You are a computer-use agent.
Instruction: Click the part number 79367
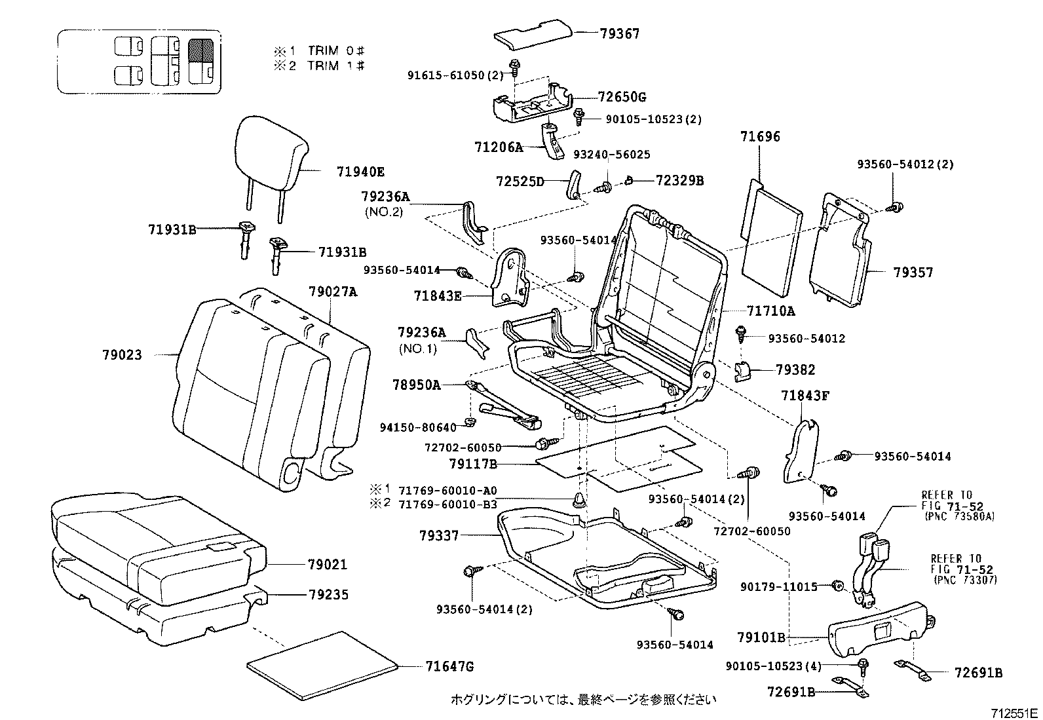(x=619, y=33)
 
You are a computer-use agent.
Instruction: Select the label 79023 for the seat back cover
(x=122, y=354)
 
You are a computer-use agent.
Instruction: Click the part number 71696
(x=760, y=137)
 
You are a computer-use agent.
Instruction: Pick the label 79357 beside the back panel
(x=913, y=273)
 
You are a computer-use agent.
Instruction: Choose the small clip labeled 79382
(x=743, y=371)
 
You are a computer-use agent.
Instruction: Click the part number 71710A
(x=770, y=311)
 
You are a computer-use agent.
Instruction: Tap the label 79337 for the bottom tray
(x=439, y=536)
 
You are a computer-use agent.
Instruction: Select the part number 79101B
(x=761, y=637)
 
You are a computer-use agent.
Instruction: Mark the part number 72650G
(x=622, y=97)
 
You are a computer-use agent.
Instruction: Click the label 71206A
(x=499, y=147)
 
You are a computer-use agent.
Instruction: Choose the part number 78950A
(x=416, y=385)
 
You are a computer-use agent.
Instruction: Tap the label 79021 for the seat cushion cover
(x=328, y=564)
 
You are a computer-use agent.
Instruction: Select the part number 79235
(x=328, y=595)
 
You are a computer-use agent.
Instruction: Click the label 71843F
(x=805, y=396)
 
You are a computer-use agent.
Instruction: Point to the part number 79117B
(x=473, y=464)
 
